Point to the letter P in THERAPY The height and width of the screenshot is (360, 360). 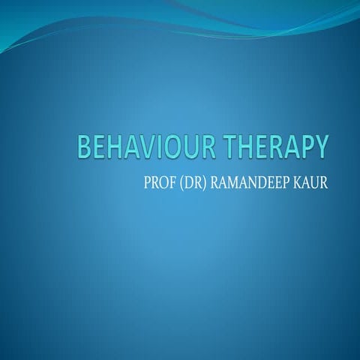coord(305,146)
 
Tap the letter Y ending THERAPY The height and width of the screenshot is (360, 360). coord(321,146)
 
